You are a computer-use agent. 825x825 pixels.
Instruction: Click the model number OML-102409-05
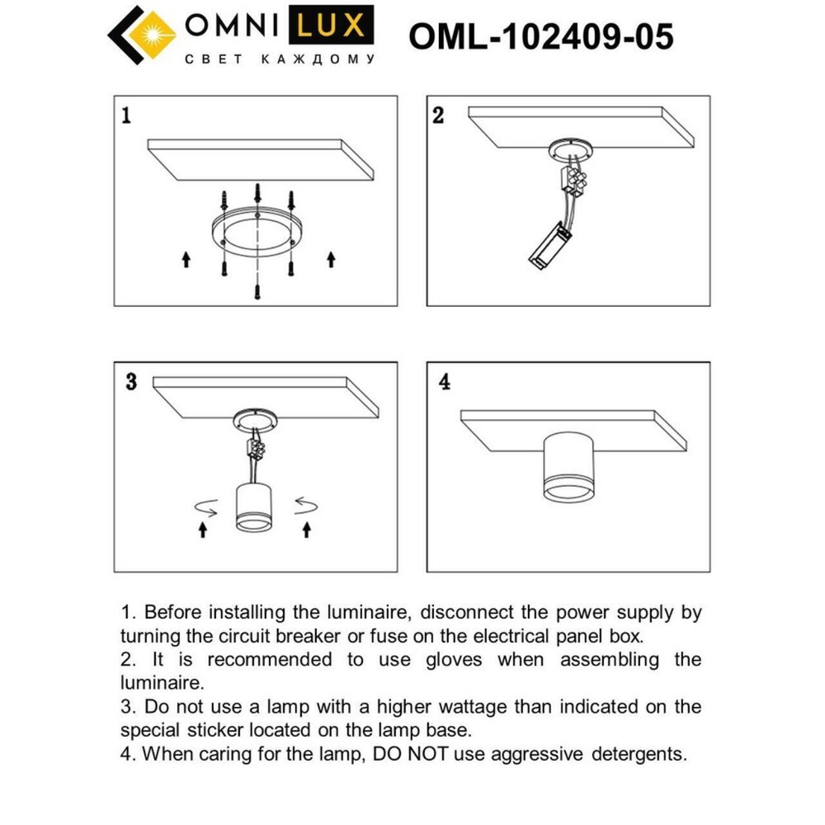click(541, 37)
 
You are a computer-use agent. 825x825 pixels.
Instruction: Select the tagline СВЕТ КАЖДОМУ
click(278, 59)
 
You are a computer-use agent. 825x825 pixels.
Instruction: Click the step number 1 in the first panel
click(125, 115)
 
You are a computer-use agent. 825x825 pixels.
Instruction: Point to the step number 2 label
click(438, 115)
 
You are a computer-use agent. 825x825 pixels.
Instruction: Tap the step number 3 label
click(130, 382)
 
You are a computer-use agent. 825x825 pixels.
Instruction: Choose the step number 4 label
click(445, 383)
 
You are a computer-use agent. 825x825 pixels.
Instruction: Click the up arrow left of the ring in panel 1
click(186, 260)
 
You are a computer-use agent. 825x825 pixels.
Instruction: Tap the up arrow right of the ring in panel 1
click(331, 260)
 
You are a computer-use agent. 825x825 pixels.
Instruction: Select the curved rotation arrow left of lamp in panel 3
click(205, 506)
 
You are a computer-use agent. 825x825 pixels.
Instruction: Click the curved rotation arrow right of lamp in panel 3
click(305, 504)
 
